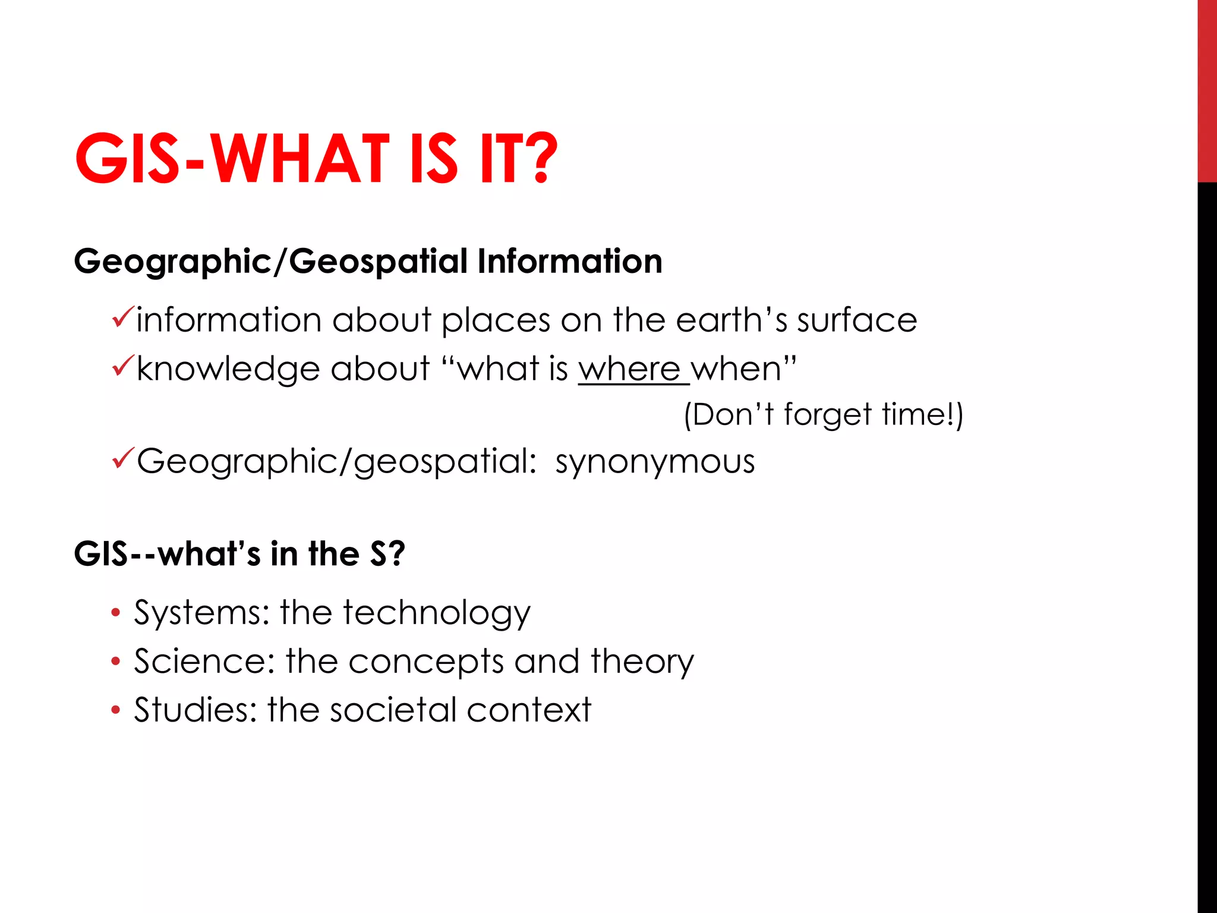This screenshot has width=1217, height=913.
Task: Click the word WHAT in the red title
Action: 300,159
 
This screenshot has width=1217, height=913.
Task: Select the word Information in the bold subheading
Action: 569,262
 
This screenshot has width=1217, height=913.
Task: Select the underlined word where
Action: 629,369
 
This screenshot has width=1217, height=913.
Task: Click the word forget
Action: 827,415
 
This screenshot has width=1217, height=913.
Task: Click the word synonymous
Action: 655,462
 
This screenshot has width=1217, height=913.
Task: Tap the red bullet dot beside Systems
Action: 115,612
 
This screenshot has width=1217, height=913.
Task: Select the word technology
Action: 436,613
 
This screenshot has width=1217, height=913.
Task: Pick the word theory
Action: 642,662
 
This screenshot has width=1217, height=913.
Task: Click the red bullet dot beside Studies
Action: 115,710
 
